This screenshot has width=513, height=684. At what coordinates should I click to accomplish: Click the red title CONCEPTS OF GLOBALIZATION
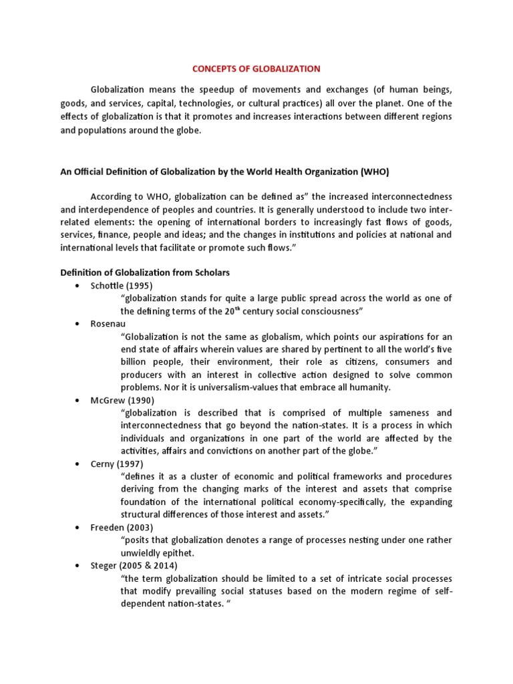coord(256,69)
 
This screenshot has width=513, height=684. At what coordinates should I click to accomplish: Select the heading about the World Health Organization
coord(224,172)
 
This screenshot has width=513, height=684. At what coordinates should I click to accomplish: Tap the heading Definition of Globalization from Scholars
coord(145,273)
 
